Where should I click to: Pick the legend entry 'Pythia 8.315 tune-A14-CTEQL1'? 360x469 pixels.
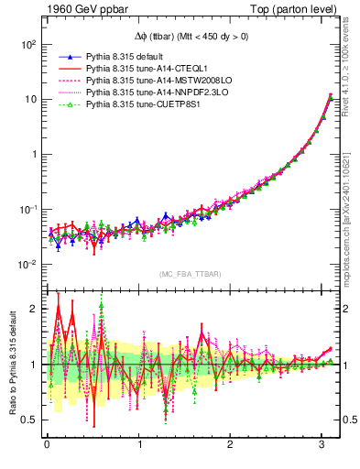pyautogui.click(x=146, y=69)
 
